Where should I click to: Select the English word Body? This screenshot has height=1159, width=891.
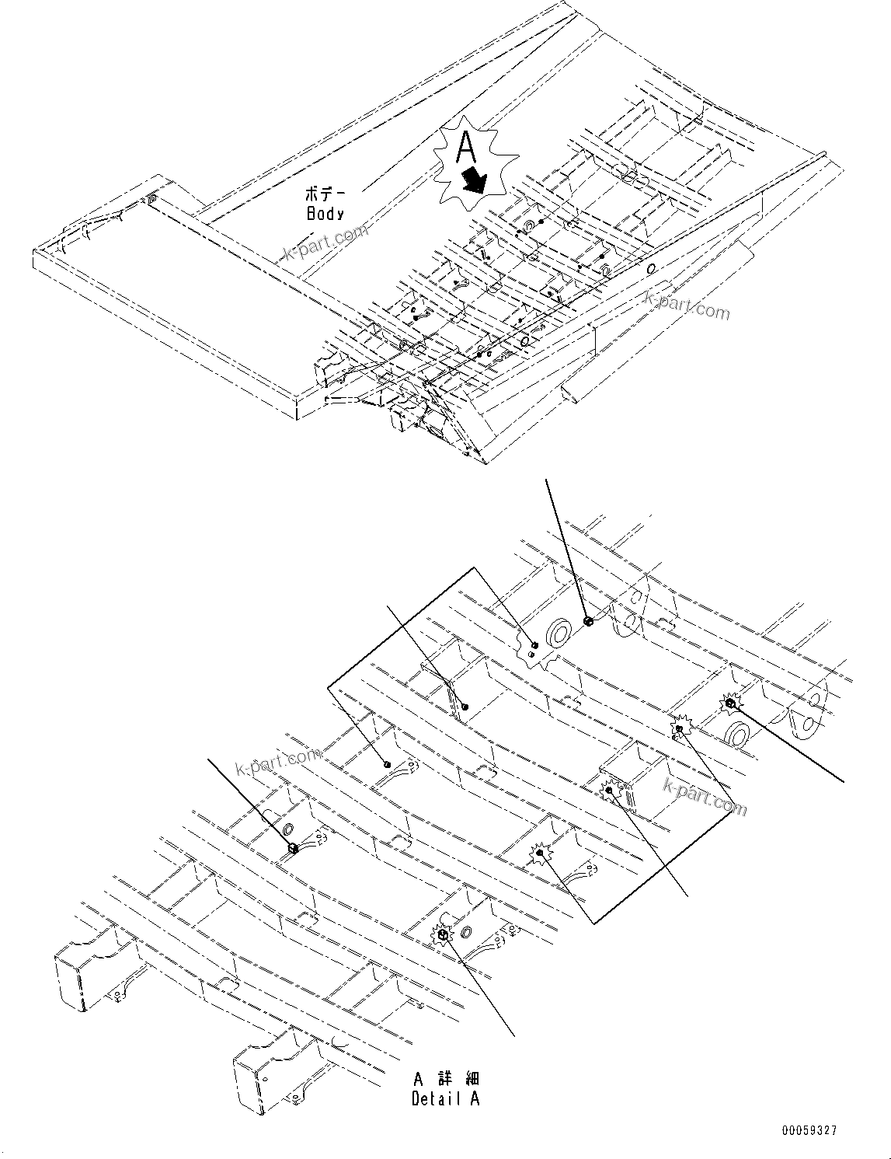tap(325, 213)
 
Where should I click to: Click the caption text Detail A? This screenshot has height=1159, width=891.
tap(446, 1098)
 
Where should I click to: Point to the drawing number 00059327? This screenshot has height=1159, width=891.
tap(809, 1132)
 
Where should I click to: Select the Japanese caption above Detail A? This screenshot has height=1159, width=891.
tap(446, 1079)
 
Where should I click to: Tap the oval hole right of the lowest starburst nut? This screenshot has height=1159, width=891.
tap(468, 932)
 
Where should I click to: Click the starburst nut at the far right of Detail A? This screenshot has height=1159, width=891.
tap(730, 703)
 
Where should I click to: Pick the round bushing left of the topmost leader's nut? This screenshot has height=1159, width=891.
tap(559, 634)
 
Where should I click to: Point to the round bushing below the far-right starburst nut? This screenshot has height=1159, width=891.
tap(737, 733)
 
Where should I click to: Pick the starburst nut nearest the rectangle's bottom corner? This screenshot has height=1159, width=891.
tap(539, 853)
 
